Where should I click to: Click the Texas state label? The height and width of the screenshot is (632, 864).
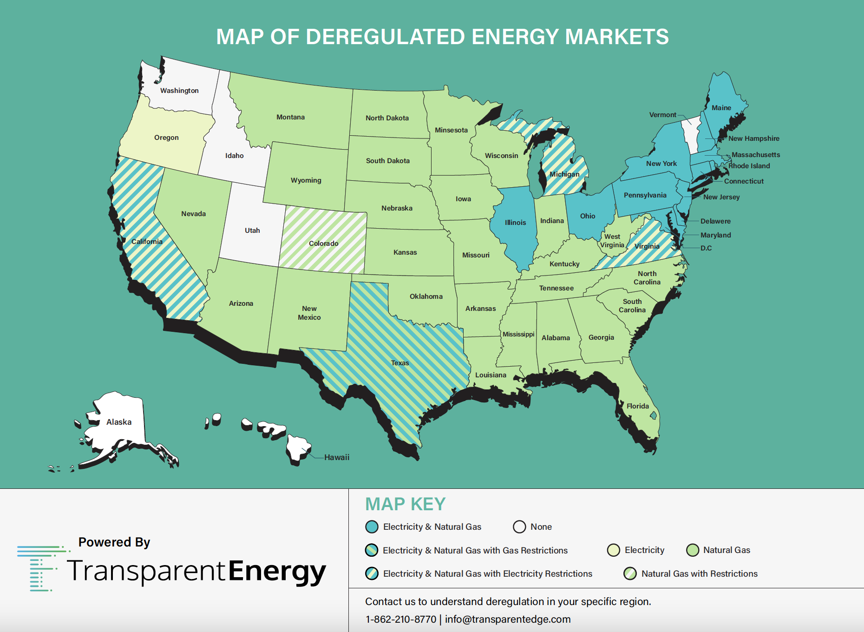coord(399,363)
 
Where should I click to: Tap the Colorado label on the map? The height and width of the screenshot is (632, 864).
coord(323,244)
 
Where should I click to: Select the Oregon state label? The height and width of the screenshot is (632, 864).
coord(166,138)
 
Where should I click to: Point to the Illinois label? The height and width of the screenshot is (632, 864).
coord(515,223)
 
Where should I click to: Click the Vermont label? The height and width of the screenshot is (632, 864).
coord(662,115)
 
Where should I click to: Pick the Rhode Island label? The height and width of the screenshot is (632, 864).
coord(749,166)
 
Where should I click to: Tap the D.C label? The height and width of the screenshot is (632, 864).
coord(706,248)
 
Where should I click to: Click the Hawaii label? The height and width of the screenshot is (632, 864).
coord(337,457)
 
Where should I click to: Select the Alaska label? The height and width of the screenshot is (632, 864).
coord(119,422)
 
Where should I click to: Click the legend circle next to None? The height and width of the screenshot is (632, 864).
coord(519,527)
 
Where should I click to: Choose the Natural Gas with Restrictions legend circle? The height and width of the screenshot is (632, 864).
coord(630,573)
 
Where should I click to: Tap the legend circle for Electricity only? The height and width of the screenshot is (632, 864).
coord(614,550)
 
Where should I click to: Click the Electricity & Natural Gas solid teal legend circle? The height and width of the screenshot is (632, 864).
coord(372,527)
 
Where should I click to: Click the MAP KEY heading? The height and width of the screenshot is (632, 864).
coord(405,504)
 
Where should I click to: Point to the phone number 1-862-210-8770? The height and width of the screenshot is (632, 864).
coord(400,619)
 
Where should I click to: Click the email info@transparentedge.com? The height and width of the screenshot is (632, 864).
coord(508,619)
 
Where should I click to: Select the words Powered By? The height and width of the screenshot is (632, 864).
coord(114,542)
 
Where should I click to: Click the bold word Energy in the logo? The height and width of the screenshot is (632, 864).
coord(277,571)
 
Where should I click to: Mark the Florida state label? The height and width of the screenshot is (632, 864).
coord(637,406)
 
